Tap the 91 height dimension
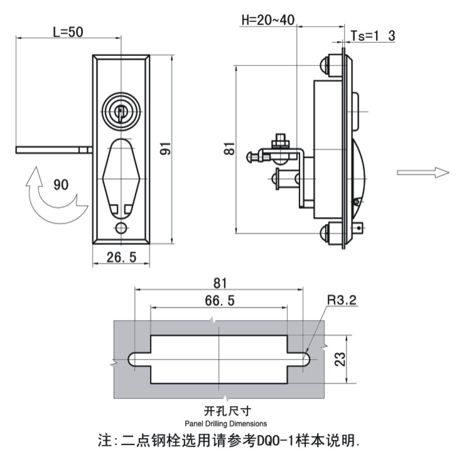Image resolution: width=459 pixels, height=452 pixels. click(x=165, y=148)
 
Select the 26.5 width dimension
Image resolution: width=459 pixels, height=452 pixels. click(x=121, y=257)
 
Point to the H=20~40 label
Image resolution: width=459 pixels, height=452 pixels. click(x=268, y=19)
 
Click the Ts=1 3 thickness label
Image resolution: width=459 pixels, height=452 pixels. click(x=372, y=36)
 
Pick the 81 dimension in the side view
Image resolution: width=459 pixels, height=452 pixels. click(x=229, y=149)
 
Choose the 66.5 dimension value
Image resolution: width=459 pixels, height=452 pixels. click(x=219, y=301)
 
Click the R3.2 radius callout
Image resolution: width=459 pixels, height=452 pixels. click(x=341, y=301)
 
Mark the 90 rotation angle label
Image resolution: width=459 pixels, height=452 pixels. click(x=61, y=185)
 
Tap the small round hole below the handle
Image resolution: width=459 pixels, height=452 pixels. click(x=121, y=227)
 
